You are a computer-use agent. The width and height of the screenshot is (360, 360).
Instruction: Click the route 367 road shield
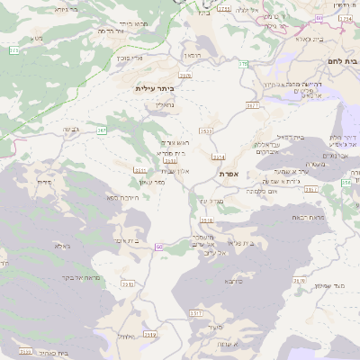(x=102, y=130)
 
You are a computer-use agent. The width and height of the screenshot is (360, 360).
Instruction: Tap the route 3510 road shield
(x=207, y=130)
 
